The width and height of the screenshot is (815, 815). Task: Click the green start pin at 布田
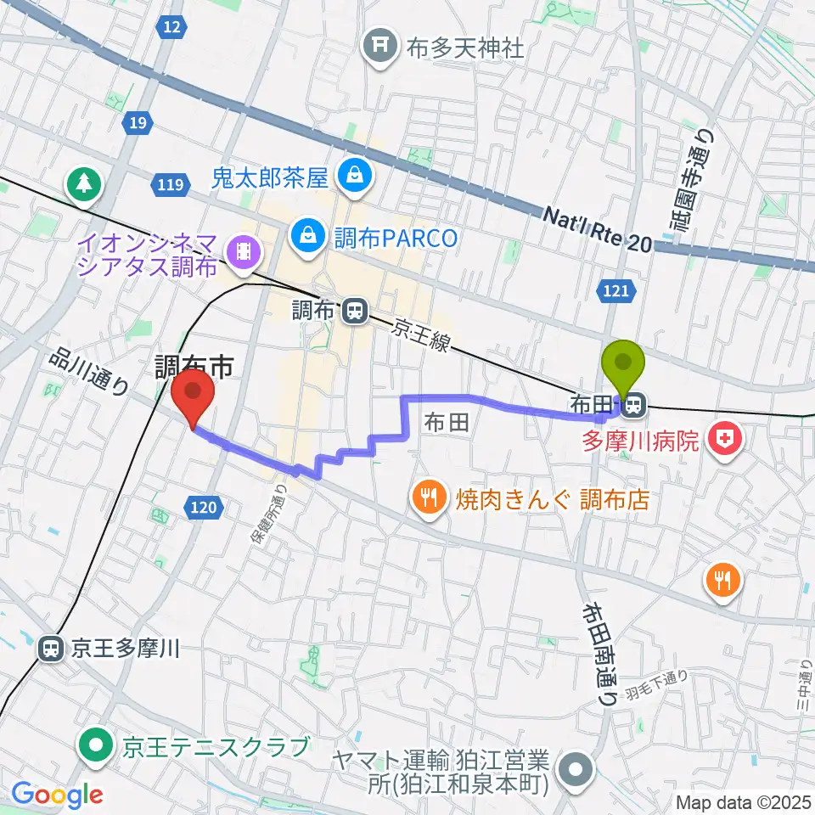point(623,366)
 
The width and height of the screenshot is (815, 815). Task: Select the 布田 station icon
point(632,407)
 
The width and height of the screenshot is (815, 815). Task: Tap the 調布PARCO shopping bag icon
point(305,236)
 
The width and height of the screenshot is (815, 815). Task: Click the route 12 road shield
point(172,28)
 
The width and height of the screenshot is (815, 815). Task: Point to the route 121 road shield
point(618,291)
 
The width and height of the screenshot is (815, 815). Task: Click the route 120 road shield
point(203,508)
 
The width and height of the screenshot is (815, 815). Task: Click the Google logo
point(57,795)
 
